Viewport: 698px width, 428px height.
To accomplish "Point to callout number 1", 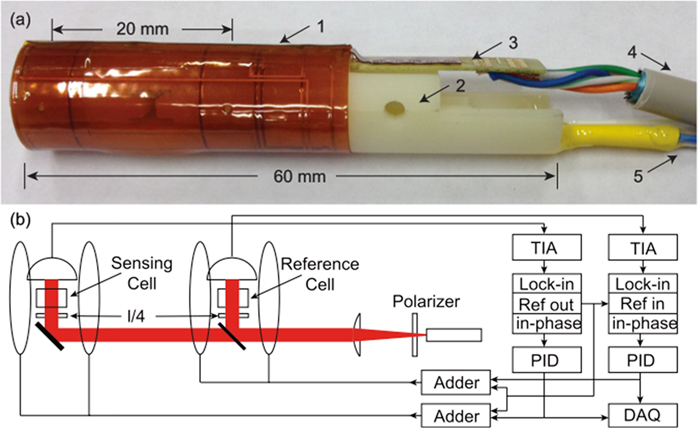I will (x=322, y=26).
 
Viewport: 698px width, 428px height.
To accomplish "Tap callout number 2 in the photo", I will (x=459, y=86).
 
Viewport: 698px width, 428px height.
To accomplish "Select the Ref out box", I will (x=547, y=304).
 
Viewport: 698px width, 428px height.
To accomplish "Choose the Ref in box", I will (x=643, y=304).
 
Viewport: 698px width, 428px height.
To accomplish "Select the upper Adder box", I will (x=457, y=384).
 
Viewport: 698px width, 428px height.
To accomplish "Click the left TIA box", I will (x=547, y=248).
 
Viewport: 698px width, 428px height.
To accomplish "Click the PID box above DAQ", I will (x=643, y=359).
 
